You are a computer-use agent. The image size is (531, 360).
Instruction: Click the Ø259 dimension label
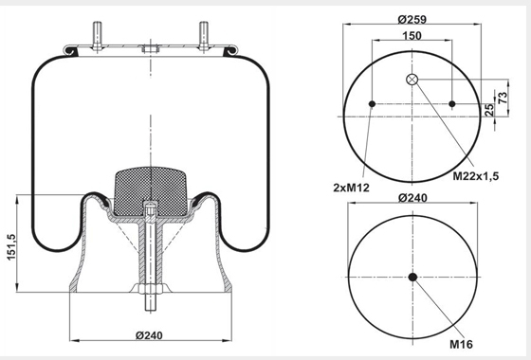(412, 19)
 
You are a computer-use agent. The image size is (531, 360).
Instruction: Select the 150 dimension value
(412, 36)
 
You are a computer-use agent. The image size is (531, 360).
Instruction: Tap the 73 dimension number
(504, 98)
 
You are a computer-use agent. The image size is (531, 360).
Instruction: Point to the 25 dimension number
(489, 110)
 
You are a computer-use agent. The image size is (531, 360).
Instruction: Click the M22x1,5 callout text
(476, 176)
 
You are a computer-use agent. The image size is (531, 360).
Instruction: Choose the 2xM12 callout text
(351, 188)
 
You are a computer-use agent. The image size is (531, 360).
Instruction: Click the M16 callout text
(461, 345)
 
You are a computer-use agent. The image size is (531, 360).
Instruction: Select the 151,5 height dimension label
(11, 247)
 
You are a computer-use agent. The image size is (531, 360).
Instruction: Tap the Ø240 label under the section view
(149, 335)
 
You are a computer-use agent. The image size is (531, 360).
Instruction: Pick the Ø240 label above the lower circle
(412, 198)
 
